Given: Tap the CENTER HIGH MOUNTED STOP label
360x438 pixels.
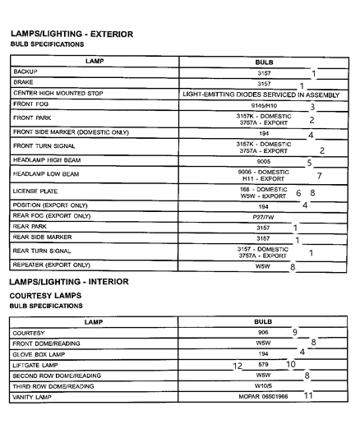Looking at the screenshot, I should pos(58,94).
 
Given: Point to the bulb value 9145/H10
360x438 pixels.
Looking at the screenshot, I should pos(263,106).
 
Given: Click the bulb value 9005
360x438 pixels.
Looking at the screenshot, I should pos(263,162).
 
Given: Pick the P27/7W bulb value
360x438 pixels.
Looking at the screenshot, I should pos(263,216).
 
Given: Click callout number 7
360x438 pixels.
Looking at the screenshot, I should pos(319,176).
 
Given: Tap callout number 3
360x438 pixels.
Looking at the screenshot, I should pos(312,107).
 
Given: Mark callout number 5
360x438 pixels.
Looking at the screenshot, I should pos(310,163).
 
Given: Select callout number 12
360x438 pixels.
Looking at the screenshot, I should pos(238,364).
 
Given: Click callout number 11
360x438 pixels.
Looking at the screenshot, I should pos(308,395).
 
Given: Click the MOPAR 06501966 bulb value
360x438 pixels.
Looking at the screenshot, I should pos(263,396).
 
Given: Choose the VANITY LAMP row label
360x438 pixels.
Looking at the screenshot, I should pos(33,396).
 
